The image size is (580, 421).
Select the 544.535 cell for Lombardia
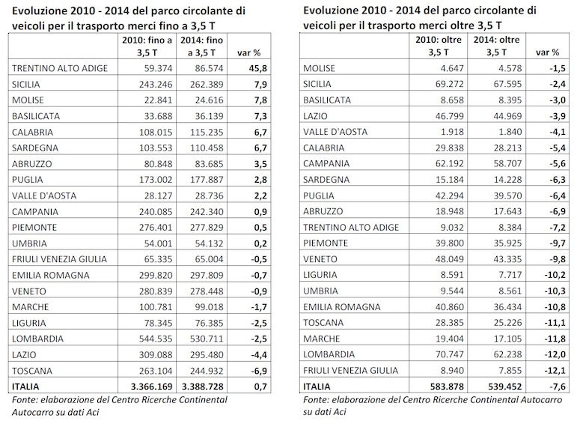coord(156,339)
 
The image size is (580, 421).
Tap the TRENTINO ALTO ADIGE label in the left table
coord(60,68)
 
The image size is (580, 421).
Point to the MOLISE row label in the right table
coord(319,68)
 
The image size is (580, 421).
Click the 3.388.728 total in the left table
coord(203,387)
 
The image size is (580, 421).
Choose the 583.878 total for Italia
coord(447,387)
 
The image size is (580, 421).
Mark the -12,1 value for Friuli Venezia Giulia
coord(555,371)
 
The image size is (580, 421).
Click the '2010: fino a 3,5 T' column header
coord(147,46)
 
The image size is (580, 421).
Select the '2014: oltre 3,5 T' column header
coord(497,46)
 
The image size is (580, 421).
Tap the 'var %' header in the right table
coord(548,52)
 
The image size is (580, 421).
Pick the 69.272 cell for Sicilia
coord(450,84)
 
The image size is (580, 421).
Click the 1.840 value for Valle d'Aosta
coord(510,132)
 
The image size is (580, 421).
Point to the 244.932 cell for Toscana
coord(207,371)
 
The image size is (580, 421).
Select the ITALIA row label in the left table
coord(25,387)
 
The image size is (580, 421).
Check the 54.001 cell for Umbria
coord(159,243)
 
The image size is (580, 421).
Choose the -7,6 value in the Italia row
coord(558,387)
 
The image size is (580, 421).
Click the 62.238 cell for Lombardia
coord(507,354)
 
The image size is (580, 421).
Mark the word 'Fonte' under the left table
coord(24,400)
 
